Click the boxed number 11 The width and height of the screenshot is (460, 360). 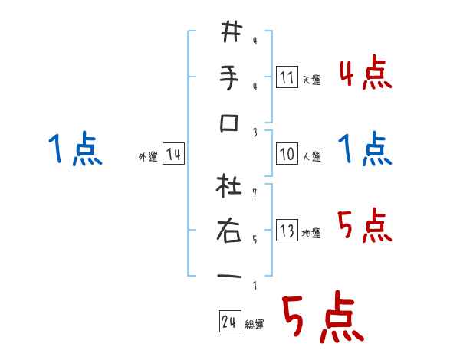point(287,77)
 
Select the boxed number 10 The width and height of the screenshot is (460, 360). point(287,154)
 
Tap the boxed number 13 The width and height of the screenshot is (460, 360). point(287,231)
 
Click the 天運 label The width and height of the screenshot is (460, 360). point(312,80)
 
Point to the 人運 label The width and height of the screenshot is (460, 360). point(312,156)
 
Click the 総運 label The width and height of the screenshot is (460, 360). point(255,324)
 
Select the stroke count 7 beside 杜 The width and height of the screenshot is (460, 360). point(254,186)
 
